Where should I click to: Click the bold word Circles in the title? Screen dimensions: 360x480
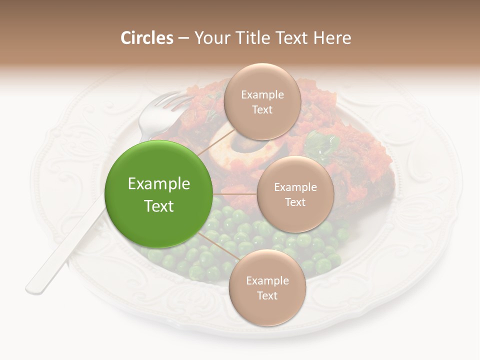(x=146, y=38)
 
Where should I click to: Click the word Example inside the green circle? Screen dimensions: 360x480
(x=158, y=184)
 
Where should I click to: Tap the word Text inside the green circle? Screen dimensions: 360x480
(x=158, y=206)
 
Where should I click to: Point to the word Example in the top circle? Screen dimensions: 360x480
(x=262, y=94)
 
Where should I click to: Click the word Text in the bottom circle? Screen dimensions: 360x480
(x=267, y=295)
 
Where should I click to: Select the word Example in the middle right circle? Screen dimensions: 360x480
(x=295, y=187)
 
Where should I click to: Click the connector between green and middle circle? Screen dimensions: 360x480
(x=235, y=194)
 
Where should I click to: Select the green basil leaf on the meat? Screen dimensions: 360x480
(x=320, y=143)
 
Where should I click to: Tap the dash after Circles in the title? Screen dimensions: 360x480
(x=183, y=38)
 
